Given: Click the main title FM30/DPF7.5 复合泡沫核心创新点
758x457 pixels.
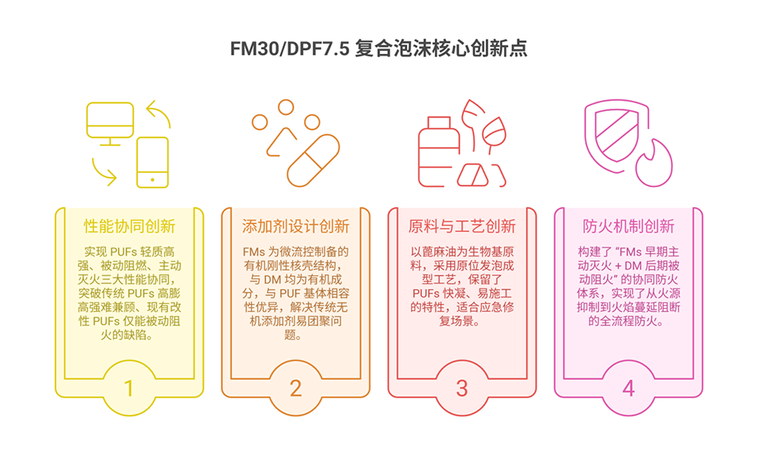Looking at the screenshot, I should [x=379, y=48].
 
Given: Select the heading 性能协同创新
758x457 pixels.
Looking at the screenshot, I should [x=129, y=226].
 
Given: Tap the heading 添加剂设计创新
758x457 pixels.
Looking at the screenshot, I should [x=295, y=226].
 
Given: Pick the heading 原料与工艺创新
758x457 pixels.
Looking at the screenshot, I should [x=462, y=226].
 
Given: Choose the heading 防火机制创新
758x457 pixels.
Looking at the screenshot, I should [x=628, y=226].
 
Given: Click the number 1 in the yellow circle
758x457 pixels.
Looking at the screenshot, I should [x=129, y=388].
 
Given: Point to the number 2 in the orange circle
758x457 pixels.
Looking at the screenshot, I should [x=295, y=388].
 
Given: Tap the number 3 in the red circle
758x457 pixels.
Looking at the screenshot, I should [x=462, y=388].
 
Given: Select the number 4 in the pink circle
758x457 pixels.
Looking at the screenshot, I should [x=628, y=388].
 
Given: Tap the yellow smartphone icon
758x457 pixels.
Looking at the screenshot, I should [x=152, y=162].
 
